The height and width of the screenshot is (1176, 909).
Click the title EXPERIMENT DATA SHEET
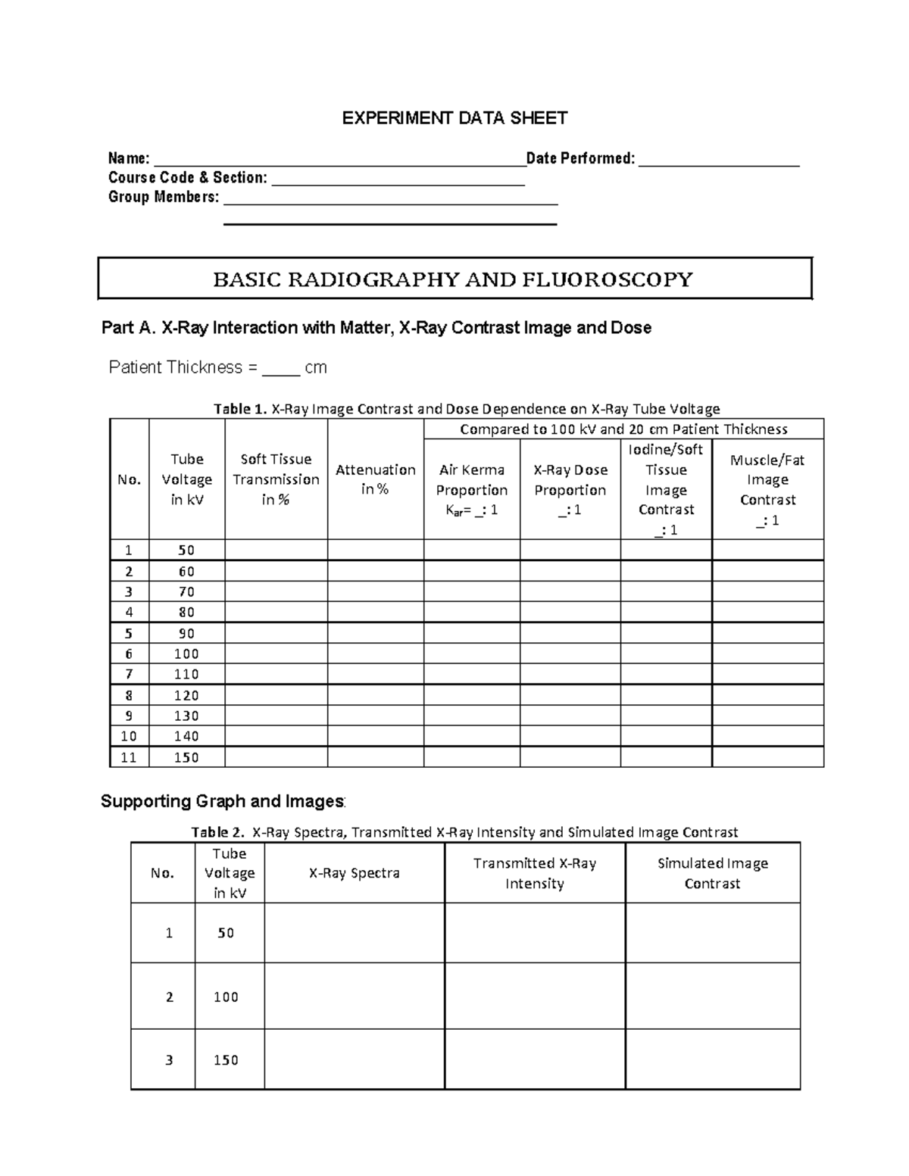[454, 118]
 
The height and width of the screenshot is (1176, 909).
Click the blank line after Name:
[339, 160]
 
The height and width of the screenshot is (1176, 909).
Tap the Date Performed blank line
[718, 160]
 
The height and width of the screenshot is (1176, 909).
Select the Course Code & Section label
[187, 178]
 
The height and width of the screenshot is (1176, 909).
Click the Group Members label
[164, 198]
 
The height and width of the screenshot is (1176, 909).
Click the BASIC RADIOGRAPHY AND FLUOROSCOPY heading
[453, 279]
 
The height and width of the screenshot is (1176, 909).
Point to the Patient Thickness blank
[280, 370]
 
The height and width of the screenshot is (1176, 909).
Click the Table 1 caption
[466, 409]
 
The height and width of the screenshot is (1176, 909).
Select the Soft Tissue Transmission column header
[276, 479]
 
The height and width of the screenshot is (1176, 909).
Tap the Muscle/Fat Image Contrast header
[767, 489]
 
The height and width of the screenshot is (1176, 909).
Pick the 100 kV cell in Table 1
[186, 654]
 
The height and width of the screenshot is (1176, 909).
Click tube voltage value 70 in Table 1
[186, 591]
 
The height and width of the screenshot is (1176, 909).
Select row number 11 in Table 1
[129, 757]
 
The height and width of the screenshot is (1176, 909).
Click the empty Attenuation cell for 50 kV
[375, 550]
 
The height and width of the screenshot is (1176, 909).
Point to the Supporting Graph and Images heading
[223, 801]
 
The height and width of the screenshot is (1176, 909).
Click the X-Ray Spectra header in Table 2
[354, 873]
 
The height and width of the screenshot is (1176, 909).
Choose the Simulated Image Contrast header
[712, 873]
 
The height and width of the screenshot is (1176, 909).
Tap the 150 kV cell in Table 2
[226, 1060]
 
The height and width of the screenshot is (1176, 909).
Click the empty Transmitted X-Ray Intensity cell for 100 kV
[535, 997]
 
